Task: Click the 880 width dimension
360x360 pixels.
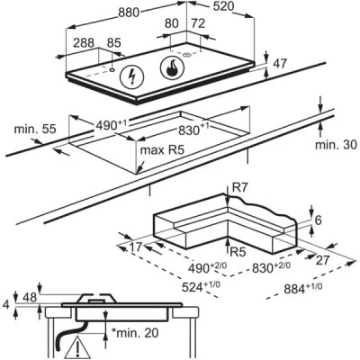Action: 129,13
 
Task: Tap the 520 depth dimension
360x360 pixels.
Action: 223,6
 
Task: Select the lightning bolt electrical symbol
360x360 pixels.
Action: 131,76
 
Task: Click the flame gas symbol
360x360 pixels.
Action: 173,68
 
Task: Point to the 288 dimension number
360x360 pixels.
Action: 84,43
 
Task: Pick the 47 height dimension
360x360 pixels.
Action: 280,64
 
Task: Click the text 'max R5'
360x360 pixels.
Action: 162,149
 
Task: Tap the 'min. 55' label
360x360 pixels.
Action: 35,129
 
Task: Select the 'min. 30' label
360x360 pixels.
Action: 336,145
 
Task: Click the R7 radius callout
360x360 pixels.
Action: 240,188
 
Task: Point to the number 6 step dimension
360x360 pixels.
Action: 318,220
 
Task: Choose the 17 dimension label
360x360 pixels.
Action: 135,247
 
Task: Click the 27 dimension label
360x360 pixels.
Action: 323,260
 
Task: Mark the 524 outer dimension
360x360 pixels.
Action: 201,286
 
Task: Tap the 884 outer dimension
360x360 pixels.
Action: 303,288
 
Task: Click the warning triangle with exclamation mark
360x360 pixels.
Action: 77,347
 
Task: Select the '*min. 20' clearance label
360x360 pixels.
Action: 135,332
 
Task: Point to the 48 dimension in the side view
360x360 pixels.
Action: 30,297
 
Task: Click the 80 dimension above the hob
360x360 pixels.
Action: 172,23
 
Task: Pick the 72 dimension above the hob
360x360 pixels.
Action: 198,23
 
